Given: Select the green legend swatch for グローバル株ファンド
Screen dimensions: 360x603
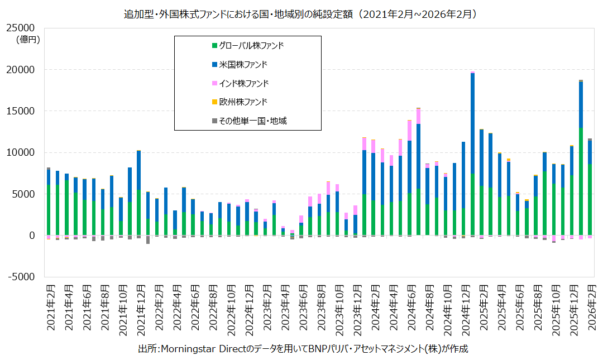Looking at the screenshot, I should [214, 45].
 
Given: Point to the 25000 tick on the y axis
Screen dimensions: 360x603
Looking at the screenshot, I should [20, 28].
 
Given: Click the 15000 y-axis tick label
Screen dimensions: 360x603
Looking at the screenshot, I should [20, 111].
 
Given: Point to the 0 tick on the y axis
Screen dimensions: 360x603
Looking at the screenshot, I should [31, 236].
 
